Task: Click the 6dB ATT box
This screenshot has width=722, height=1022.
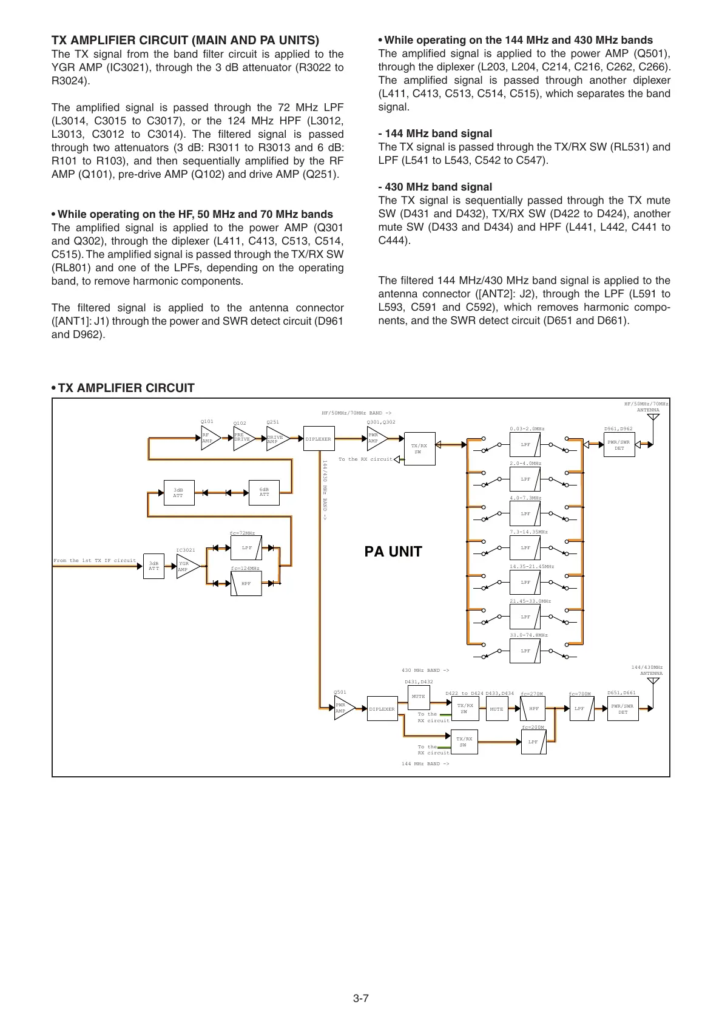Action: click(x=265, y=492)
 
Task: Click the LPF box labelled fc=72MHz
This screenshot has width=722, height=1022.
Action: click(x=246, y=548)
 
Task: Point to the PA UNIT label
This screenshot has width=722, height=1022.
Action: click(x=393, y=552)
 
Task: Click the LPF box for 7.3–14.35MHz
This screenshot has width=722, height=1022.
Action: click(x=525, y=548)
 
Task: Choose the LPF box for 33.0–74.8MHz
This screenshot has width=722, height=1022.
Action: click(x=525, y=651)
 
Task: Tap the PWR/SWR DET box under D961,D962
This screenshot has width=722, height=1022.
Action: click(x=619, y=445)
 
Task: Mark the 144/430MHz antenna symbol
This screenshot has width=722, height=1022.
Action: click(x=653, y=682)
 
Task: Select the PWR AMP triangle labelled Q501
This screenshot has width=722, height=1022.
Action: click(x=343, y=708)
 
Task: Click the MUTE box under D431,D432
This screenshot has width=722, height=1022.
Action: click(x=418, y=697)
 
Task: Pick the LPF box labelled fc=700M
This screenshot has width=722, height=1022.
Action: click(x=579, y=709)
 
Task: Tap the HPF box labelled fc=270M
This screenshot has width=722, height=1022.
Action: click(x=533, y=709)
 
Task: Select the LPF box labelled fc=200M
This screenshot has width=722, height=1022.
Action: click(x=533, y=742)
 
